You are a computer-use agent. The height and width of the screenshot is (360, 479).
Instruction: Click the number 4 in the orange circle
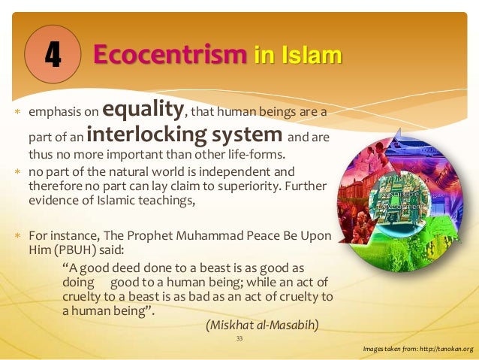53,53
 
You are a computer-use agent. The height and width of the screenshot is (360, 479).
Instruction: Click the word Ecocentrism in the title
170,54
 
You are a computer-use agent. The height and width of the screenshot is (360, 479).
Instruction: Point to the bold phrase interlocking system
185,136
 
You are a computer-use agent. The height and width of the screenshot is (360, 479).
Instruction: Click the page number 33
239,339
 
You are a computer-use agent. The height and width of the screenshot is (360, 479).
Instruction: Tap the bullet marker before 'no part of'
17,171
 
